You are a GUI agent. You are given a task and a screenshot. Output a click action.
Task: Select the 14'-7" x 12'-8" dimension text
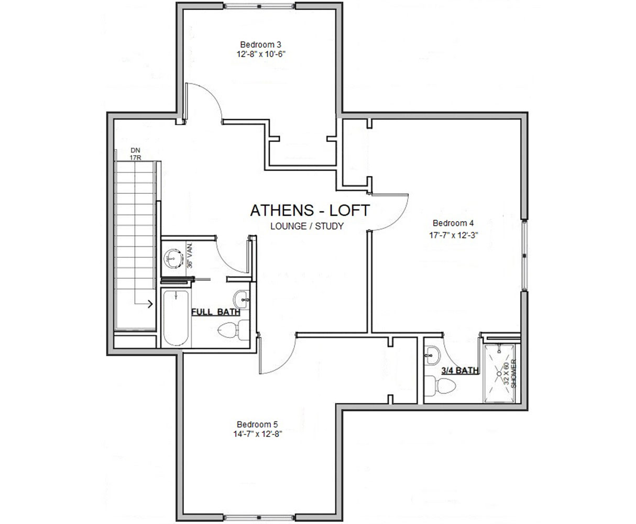pyautogui.click(x=255, y=434)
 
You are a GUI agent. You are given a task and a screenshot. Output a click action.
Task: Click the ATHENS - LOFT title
pyautogui.click(x=310, y=210)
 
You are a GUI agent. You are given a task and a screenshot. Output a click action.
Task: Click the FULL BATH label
pyautogui.click(x=215, y=312)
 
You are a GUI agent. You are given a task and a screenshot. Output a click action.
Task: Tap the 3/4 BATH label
pyautogui.click(x=460, y=370)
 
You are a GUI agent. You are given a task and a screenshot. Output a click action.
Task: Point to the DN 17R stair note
pyautogui.click(x=136, y=153)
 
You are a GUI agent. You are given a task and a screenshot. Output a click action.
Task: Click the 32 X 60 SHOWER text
pyautogui.click(x=509, y=373)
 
